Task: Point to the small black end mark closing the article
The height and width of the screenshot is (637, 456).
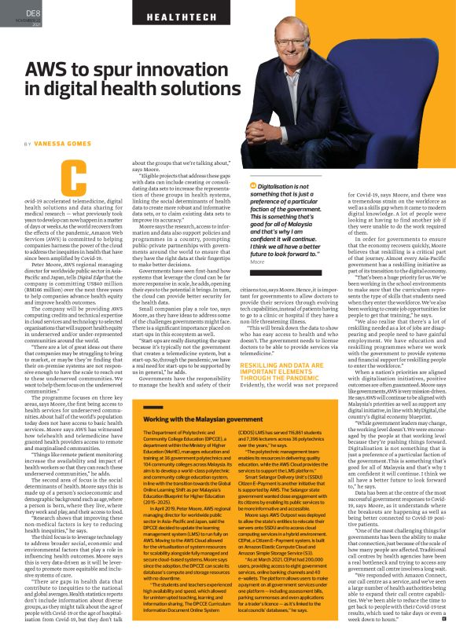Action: pos(443,621)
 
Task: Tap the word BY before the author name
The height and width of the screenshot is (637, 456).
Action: pos(28,144)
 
